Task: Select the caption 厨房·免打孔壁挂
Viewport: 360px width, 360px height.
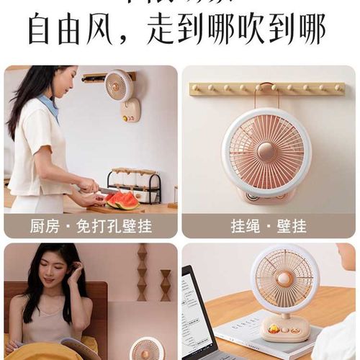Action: coord(91,226)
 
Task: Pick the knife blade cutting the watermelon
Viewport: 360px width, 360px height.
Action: coord(108,191)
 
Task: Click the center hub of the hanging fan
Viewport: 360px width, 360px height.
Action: coord(266,151)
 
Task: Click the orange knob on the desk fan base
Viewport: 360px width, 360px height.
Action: coord(274,329)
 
